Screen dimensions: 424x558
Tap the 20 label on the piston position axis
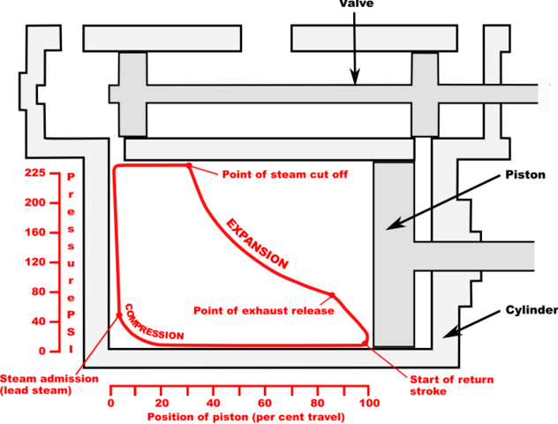tap(162, 403)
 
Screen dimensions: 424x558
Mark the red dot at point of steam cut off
tap(189, 166)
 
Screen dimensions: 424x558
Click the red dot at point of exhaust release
tap(332, 295)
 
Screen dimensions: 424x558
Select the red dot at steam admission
tap(119, 315)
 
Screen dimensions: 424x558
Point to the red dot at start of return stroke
tap(365, 343)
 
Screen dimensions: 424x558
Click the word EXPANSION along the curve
tap(256, 243)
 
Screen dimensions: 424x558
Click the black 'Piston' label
tap(520, 176)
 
